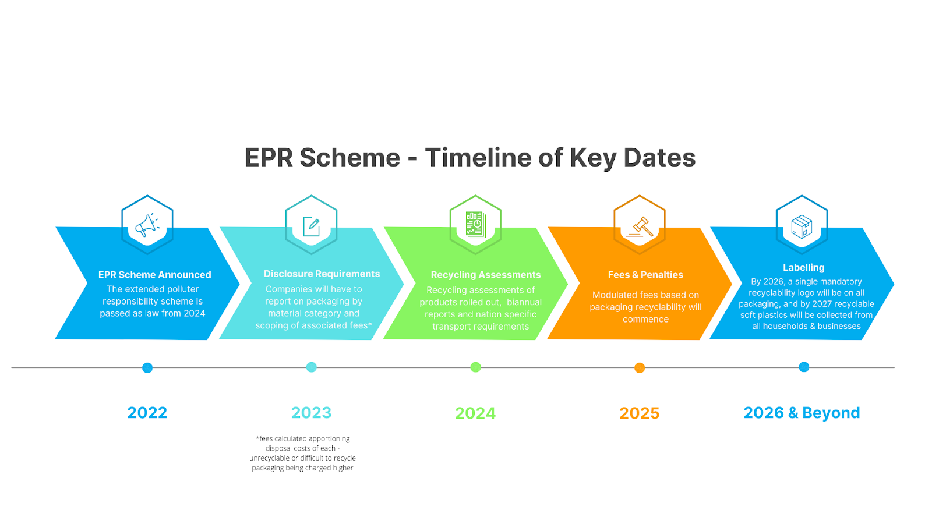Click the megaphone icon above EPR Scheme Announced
pyautogui.click(x=147, y=225)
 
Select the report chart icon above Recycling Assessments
pyautogui.click(x=475, y=225)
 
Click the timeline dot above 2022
pyautogui.click(x=147, y=368)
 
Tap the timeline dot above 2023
pyautogui.click(x=312, y=367)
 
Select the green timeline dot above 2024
pyautogui.click(x=476, y=367)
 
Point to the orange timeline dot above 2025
pyautogui.click(x=640, y=368)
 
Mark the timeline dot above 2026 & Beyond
pyautogui.click(x=804, y=367)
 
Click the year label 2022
pyautogui.click(x=147, y=413)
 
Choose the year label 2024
pyautogui.click(x=475, y=413)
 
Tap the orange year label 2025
pyautogui.click(x=640, y=413)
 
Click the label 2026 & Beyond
pyautogui.click(x=802, y=413)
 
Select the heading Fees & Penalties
pyautogui.click(x=645, y=275)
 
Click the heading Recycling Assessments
pyautogui.click(x=486, y=275)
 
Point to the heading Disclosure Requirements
pyautogui.click(x=322, y=274)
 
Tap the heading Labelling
pyautogui.click(x=803, y=268)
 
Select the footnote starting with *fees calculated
pyautogui.click(x=303, y=453)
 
